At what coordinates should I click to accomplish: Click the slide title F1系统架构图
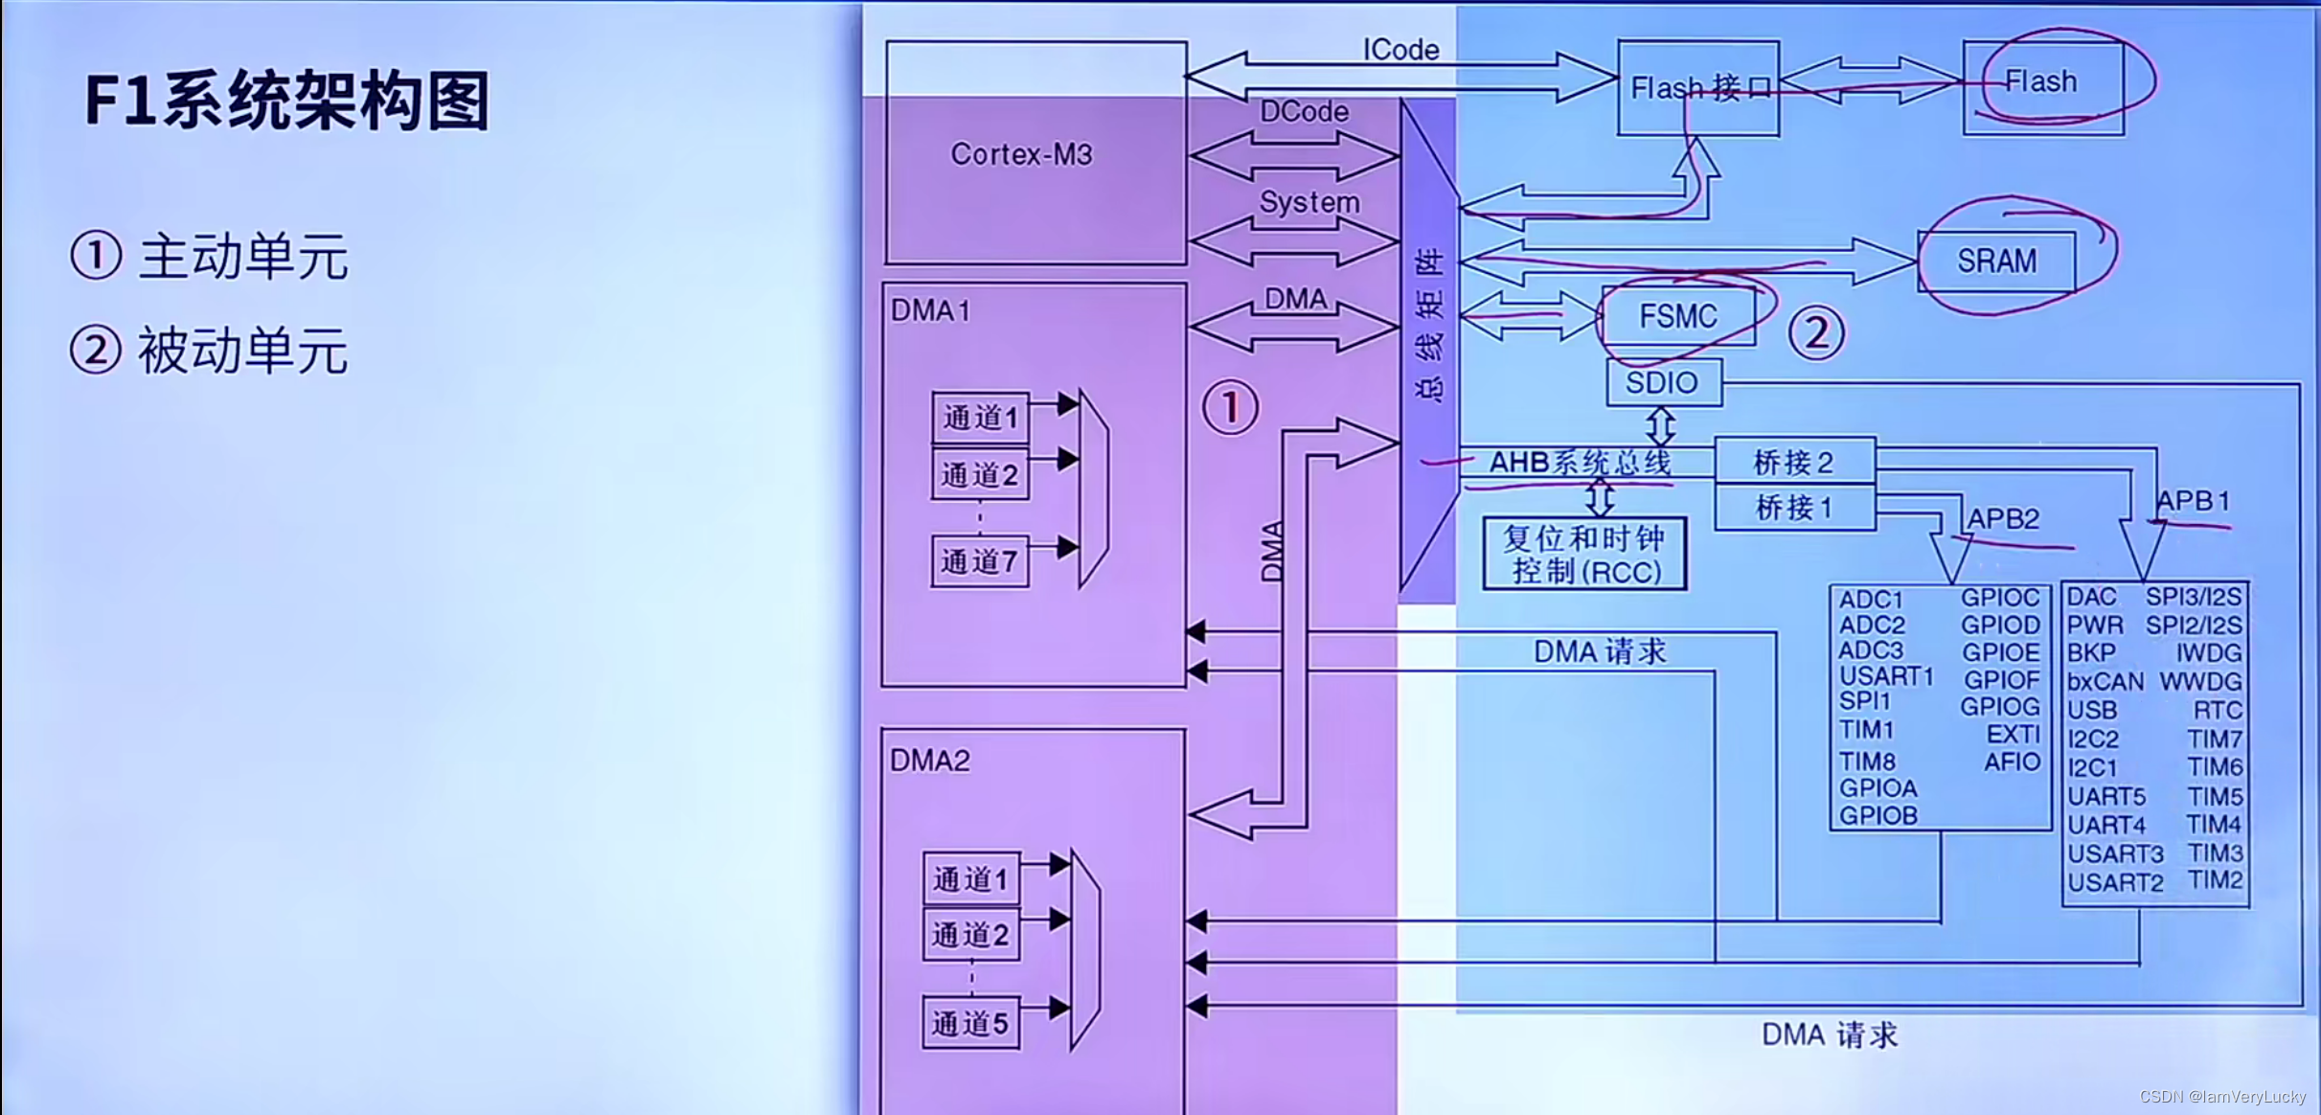tap(287, 101)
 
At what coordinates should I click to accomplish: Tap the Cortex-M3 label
tap(1021, 154)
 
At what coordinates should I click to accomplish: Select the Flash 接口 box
tap(1698, 88)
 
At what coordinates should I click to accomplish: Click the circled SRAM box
tap(1996, 261)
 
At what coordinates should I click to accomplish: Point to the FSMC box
tap(1678, 316)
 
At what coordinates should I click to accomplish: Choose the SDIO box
tap(1663, 383)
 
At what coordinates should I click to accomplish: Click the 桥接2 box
tap(1794, 463)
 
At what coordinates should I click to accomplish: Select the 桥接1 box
tap(1794, 508)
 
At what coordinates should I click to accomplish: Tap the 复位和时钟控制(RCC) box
tap(1584, 554)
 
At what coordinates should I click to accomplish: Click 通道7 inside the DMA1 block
tap(980, 561)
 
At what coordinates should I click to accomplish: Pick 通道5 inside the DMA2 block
tap(970, 1023)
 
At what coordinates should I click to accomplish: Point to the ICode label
tap(1400, 50)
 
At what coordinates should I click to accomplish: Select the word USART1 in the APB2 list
tap(1886, 676)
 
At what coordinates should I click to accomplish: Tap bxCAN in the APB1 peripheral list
tap(2105, 682)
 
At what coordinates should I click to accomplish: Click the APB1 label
tap(2193, 501)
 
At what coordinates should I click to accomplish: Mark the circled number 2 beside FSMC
tap(1816, 333)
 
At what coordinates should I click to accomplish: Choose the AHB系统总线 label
tap(1580, 463)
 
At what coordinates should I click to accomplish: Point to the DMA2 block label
tap(929, 761)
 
